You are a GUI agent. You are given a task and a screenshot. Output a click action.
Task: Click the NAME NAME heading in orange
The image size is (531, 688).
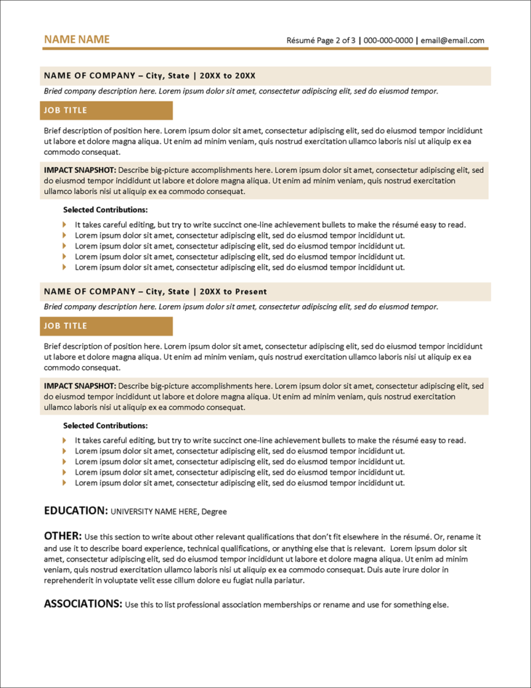click(76, 40)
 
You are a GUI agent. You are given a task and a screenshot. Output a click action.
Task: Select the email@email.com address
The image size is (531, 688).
click(453, 41)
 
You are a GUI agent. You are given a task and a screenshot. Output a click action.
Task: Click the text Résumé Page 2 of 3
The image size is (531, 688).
click(321, 41)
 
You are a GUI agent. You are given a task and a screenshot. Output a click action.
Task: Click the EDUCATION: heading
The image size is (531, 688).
click(75, 511)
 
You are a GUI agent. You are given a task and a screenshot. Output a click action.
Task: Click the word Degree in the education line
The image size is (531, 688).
click(214, 512)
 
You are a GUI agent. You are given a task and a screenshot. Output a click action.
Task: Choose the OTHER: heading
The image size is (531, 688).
click(62, 536)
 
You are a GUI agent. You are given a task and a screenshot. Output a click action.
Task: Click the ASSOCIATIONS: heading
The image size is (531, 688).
click(83, 604)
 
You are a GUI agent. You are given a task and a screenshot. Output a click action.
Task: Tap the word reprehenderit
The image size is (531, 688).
click(68, 580)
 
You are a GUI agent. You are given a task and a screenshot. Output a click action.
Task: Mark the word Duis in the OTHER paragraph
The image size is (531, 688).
click(376, 570)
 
